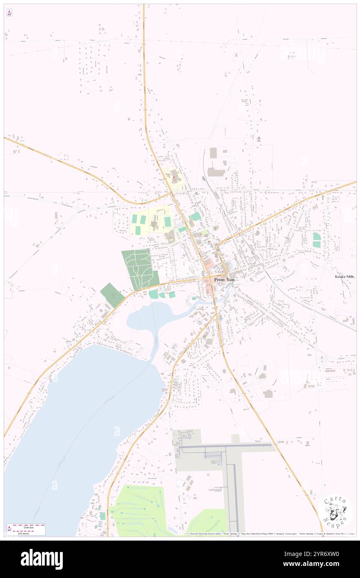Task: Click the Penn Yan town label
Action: click(224, 280)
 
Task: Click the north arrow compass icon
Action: click(9, 13)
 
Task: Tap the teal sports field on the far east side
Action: click(317, 240)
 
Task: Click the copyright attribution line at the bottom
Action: click(270, 534)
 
